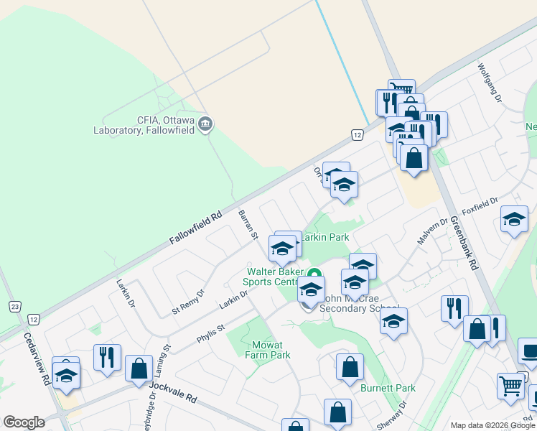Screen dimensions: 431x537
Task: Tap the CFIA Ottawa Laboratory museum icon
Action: click(205, 125)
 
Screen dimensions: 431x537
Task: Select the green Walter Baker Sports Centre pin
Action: click(314, 274)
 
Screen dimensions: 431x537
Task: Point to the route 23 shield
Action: click(14, 306)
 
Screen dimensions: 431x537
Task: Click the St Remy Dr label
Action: click(188, 302)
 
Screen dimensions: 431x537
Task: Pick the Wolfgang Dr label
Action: click(492, 77)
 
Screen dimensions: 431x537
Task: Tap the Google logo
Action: click(24, 422)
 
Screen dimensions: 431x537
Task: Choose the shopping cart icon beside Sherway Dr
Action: click(510, 385)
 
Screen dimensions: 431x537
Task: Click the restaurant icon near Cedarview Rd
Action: click(107, 356)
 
